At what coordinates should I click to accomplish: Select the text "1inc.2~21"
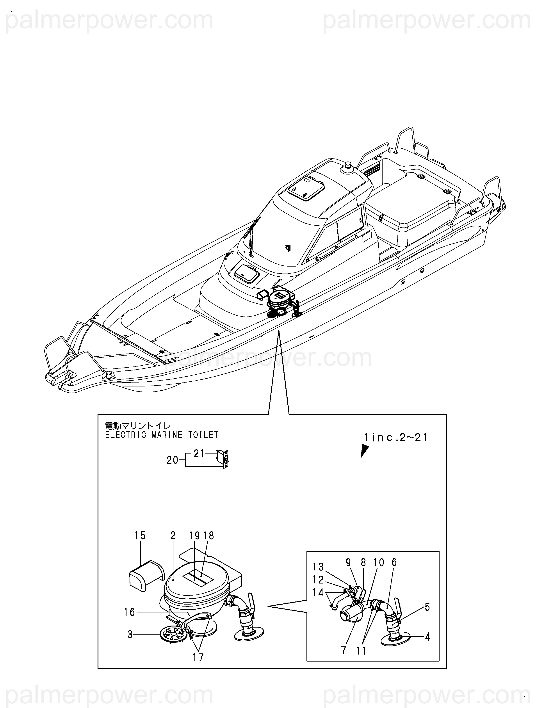coord(396,437)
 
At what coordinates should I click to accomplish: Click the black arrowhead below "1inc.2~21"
coord(364,451)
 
